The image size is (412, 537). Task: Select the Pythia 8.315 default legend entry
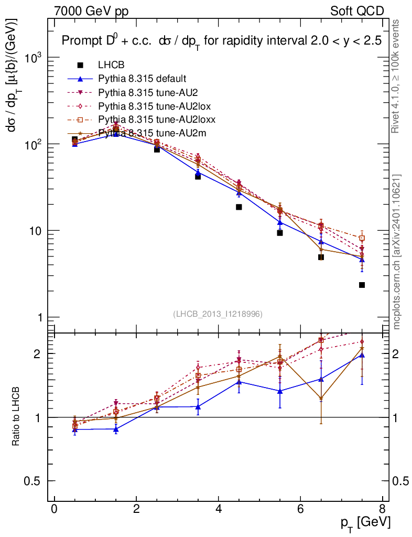pyautogui.click(x=142, y=79)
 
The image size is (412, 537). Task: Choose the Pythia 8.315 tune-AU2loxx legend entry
pyautogui.click(x=157, y=120)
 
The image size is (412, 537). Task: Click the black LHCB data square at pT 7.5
pyautogui.click(x=362, y=285)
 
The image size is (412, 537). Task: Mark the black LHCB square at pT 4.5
pyautogui.click(x=239, y=207)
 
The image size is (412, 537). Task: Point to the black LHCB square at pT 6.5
pyautogui.click(x=321, y=257)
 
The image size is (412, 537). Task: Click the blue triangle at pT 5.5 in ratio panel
pyautogui.click(x=280, y=391)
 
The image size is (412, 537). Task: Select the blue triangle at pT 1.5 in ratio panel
pyautogui.click(x=116, y=429)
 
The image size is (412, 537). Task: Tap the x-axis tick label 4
pyautogui.click(x=218, y=511)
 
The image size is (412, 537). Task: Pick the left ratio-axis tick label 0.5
pyautogui.click(x=33, y=481)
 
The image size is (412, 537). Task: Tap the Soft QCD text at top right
pyautogui.click(x=356, y=11)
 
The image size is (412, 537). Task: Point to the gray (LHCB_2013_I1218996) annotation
pyautogui.click(x=218, y=314)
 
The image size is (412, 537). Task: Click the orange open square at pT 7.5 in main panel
pyautogui.click(x=362, y=238)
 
